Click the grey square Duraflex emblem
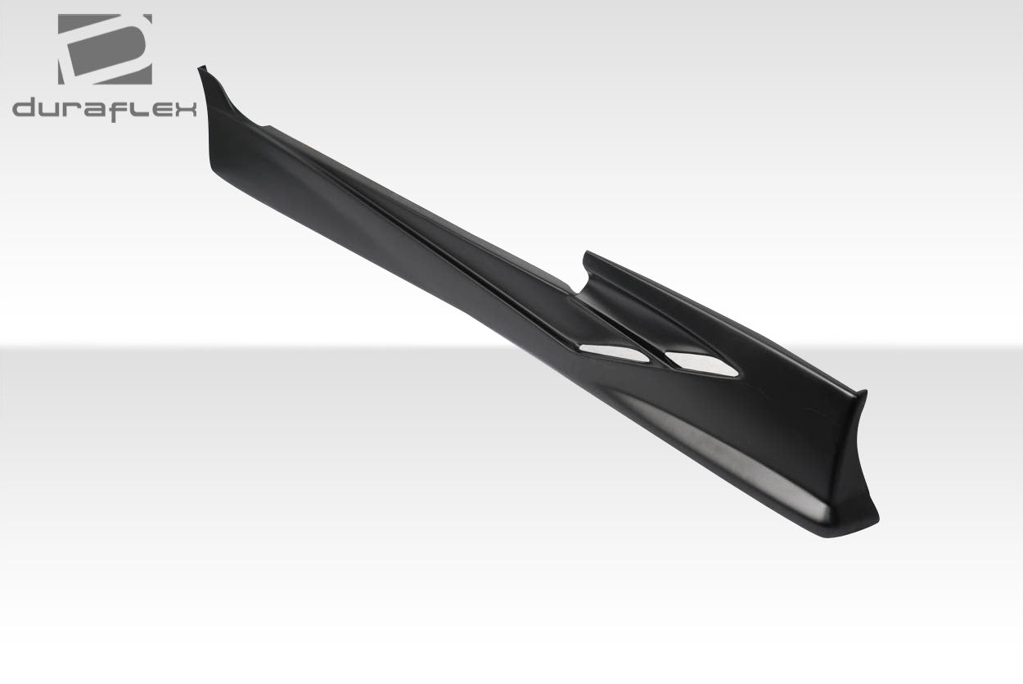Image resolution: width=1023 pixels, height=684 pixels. coord(105,49)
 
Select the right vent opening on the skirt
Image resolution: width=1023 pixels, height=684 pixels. coord(702,365)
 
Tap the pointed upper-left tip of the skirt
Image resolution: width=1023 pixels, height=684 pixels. coord(201,70)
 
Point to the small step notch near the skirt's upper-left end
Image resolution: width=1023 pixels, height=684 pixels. coord(264,125)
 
